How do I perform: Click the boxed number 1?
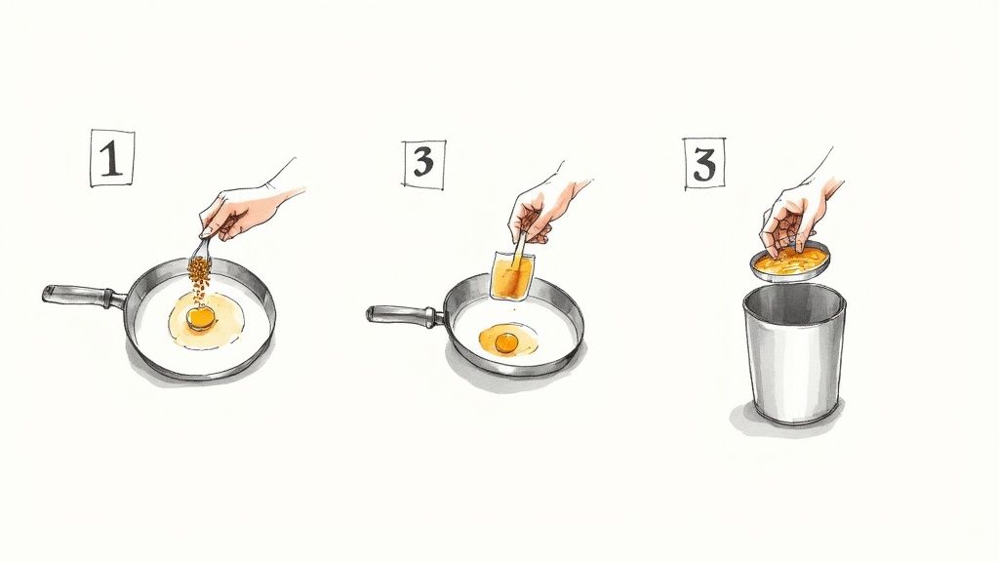point(112,159)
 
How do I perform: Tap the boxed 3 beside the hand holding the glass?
point(423,163)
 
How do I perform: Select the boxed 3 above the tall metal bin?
point(704,164)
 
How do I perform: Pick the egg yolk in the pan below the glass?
point(506,342)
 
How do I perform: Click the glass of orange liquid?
point(513,275)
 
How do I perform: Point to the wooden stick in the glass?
point(519,255)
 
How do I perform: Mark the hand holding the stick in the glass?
point(541,204)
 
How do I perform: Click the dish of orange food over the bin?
point(791,262)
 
